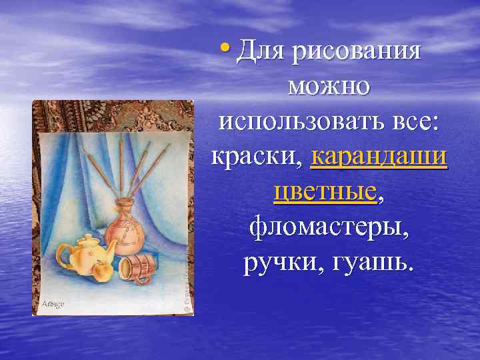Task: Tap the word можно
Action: point(329,87)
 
